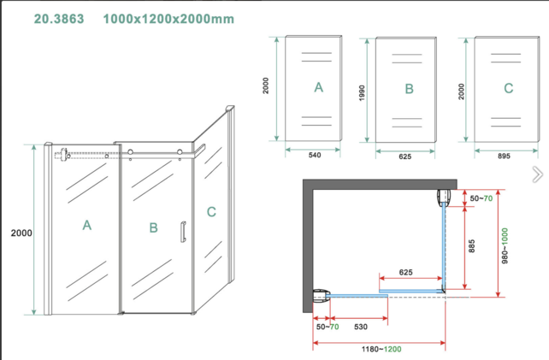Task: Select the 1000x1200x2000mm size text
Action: pos(168,18)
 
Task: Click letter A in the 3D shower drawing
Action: pos(86,226)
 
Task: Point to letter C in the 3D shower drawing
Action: pos(211,211)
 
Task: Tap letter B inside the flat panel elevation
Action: pos(409,88)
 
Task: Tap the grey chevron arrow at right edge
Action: pos(536,174)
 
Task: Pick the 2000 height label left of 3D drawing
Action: pos(21,233)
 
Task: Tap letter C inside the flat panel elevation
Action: pos(509,88)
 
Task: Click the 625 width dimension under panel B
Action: pos(405,156)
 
